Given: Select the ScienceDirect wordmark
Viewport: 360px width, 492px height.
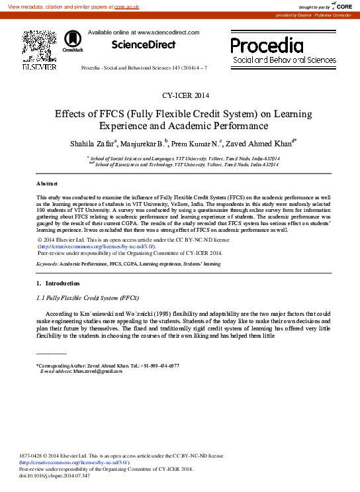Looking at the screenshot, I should (144, 45).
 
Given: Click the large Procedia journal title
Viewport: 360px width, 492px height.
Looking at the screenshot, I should (267, 45).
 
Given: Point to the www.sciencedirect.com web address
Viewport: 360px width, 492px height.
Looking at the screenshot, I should (168, 32).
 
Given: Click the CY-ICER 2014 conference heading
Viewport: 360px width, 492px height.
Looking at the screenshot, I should (180, 95).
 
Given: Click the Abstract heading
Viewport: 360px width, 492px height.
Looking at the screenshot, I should (47, 183).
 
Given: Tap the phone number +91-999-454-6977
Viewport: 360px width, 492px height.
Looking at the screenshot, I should (159, 366).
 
